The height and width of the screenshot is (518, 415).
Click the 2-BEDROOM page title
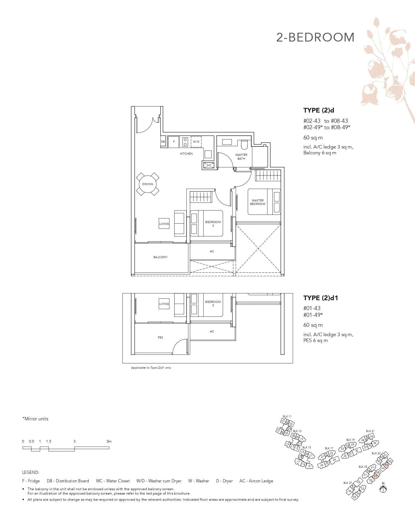click(315, 38)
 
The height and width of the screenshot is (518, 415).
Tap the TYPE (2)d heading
click(319, 110)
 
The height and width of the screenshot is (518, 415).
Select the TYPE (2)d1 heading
click(320, 298)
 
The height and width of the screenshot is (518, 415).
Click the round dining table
click(148, 184)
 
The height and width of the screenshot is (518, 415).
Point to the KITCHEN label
click(186, 153)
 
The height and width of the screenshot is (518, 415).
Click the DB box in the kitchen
click(163, 141)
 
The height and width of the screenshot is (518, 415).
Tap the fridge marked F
click(174, 141)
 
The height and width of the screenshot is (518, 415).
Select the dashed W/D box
click(196, 141)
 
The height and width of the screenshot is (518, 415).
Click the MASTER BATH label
click(241, 157)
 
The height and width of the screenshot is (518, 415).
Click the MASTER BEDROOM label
click(257, 202)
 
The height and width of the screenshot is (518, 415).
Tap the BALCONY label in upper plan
click(160, 257)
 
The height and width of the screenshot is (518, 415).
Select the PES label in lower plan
click(160, 337)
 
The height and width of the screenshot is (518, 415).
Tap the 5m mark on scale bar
click(109, 441)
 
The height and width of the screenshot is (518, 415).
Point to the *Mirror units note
click(35, 419)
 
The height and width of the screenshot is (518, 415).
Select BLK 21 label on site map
click(370, 431)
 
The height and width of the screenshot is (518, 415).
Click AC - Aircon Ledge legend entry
click(256, 481)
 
